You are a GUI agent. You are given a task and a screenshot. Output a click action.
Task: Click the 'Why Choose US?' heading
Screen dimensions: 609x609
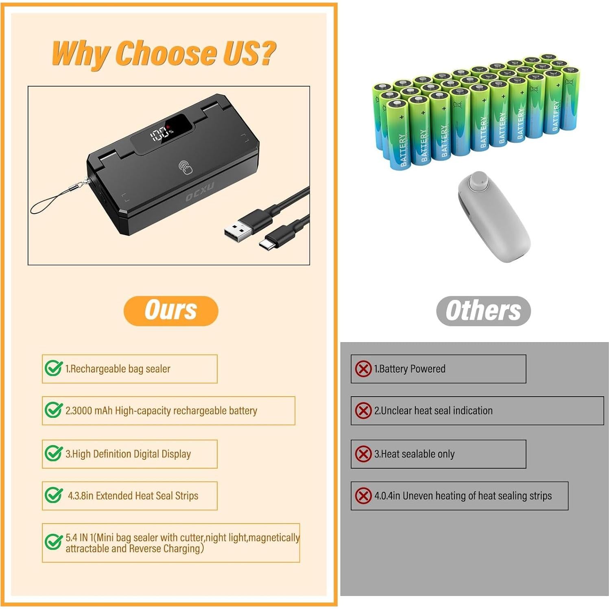[x=164, y=53]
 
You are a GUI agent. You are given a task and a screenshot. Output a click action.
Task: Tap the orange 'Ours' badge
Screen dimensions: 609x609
[x=171, y=311]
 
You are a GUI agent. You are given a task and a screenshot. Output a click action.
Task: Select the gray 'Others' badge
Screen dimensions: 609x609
[x=483, y=311]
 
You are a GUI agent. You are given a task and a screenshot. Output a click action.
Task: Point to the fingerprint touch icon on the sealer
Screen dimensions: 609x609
[x=186, y=167]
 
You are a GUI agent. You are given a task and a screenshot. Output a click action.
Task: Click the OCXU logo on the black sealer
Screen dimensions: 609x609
[x=200, y=193]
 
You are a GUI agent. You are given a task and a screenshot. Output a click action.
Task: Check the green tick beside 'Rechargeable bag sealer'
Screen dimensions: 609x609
[x=53, y=368]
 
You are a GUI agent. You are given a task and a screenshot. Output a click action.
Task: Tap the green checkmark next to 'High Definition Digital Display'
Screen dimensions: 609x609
[x=53, y=453]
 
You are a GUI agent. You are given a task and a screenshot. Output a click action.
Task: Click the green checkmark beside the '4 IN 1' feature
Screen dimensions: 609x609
[x=53, y=542]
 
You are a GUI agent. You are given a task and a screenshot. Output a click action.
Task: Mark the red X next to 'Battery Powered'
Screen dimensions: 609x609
[x=363, y=369]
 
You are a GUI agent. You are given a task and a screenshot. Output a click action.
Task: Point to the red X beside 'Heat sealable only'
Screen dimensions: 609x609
[x=363, y=454]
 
